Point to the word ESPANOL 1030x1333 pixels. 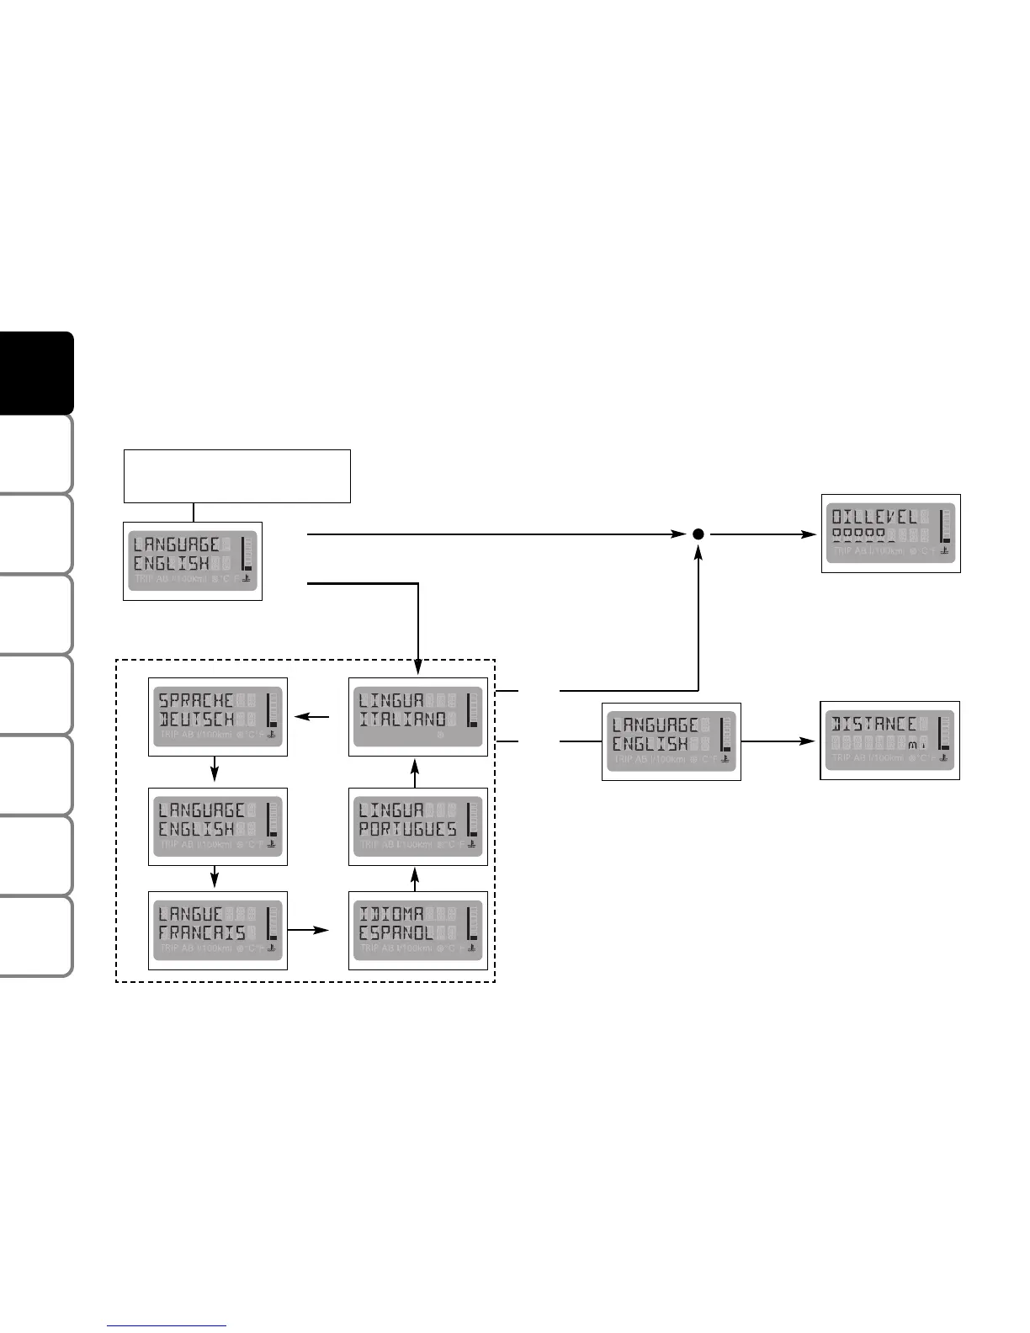pyautogui.click(x=396, y=933)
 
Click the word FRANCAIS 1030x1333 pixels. pyautogui.click(x=202, y=933)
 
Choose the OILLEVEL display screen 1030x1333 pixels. pyautogui.click(x=890, y=534)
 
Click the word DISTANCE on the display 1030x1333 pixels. pyautogui.click(x=873, y=724)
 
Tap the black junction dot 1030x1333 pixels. pyautogui.click(x=698, y=534)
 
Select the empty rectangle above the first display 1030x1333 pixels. pyautogui.click(x=237, y=476)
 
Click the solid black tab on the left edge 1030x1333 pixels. pyautogui.click(x=37, y=373)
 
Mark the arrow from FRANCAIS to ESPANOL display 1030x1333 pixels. pyautogui.click(x=308, y=930)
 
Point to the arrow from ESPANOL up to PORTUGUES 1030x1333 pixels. pyautogui.click(x=417, y=879)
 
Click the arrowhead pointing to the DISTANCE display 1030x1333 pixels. pyautogui.click(x=809, y=741)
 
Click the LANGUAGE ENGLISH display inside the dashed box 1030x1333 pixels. pyautogui.click(x=218, y=826)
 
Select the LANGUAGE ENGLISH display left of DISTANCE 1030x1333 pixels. pyautogui.click(x=672, y=741)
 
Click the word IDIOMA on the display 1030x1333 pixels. pyautogui.click(x=390, y=914)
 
